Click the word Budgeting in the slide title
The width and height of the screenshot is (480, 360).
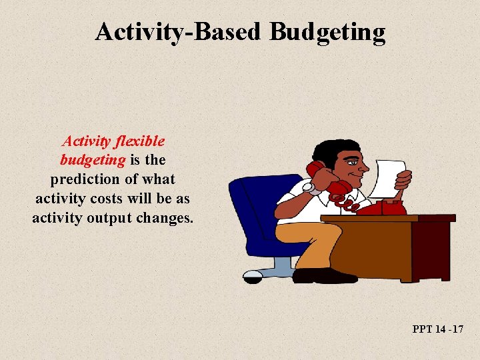point(327,32)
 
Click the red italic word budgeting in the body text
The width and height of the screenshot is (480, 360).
point(93,160)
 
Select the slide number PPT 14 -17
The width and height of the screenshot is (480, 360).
point(438,329)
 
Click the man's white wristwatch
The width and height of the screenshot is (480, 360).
point(309,189)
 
